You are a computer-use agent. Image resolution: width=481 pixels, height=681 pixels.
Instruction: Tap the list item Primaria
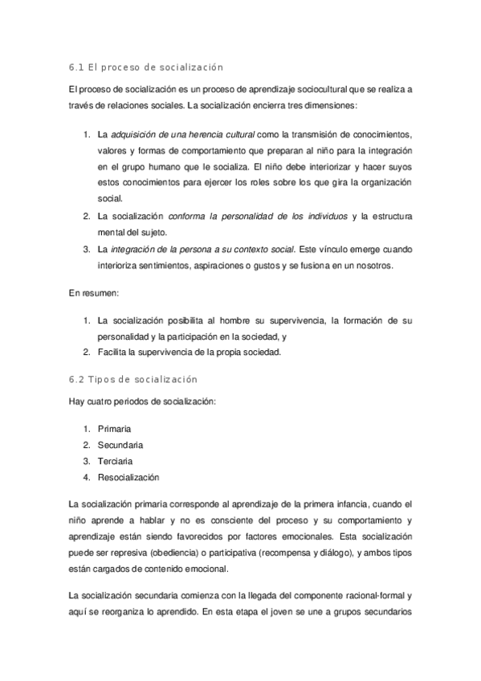(x=113, y=429)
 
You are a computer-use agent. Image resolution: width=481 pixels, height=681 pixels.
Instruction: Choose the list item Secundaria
(x=120, y=445)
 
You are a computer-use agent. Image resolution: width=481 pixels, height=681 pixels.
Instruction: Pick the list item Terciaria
(x=115, y=461)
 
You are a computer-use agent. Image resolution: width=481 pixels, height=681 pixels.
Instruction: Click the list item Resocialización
(x=128, y=477)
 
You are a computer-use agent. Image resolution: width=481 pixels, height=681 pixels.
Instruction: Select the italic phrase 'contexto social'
(x=262, y=249)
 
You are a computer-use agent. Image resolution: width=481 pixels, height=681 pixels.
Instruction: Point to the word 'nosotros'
(x=368, y=266)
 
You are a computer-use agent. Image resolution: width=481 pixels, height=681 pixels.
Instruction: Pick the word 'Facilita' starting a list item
(x=112, y=353)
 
